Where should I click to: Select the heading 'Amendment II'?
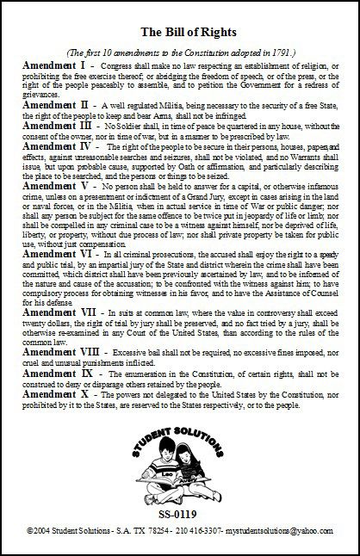[57, 103]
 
